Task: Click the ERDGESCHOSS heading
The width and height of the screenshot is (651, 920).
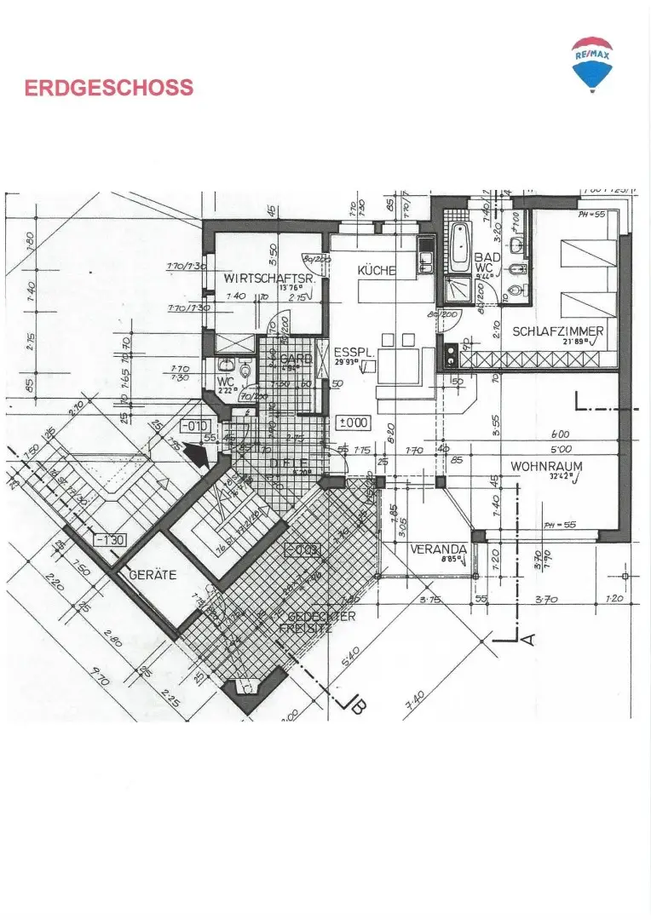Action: [109, 88]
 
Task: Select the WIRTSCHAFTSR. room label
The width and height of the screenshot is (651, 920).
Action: [259, 279]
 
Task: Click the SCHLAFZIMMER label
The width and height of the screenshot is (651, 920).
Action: [558, 332]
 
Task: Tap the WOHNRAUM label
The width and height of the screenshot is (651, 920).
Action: [544, 467]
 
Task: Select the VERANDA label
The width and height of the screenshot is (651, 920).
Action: [438, 549]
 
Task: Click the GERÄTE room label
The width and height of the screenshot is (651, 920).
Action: [153, 575]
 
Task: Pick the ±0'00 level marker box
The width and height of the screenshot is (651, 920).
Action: [354, 422]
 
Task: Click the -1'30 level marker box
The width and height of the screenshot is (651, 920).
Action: [110, 539]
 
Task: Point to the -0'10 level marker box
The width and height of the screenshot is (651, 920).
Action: [195, 425]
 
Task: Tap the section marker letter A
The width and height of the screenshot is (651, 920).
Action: [527, 639]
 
